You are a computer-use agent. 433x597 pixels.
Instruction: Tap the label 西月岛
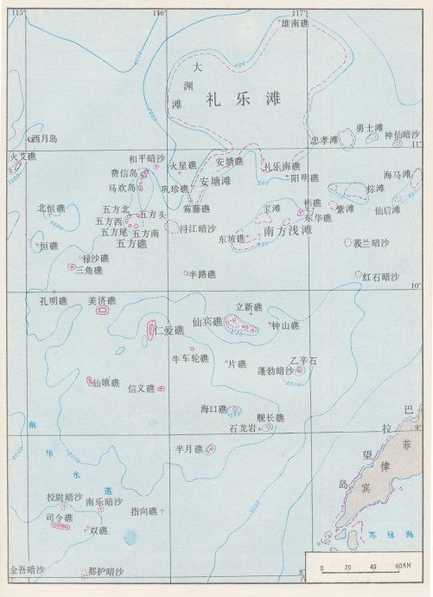[44, 138]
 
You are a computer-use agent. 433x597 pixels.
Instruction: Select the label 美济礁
[102, 301]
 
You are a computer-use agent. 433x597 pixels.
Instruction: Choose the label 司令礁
[58, 517]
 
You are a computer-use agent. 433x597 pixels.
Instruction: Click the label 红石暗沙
[379, 277]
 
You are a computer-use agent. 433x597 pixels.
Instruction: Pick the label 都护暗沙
[106, 572]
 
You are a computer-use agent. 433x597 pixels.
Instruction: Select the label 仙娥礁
[106, 383]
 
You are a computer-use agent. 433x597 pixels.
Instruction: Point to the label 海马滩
[397, 175]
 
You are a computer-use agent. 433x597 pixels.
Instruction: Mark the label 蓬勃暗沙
[276, 370]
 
